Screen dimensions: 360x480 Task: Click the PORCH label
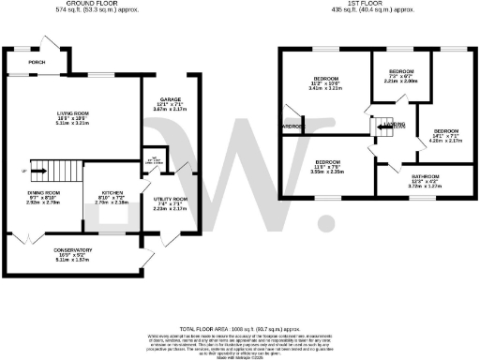tap(37, 64)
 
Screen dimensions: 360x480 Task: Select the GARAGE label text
tap(169, 98)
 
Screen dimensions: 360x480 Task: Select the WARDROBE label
tap(291, 127)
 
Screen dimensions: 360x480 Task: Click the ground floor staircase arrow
tap(37, 171)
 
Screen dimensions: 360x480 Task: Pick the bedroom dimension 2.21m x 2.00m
tap(401, 82)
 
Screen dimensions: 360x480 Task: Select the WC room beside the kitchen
tap(150, 159)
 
